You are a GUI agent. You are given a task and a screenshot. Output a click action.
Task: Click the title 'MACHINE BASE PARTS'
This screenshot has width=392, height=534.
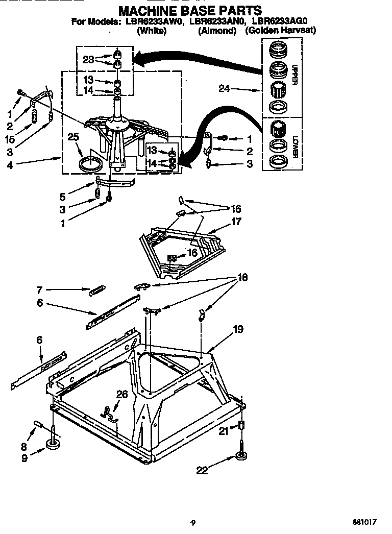tap(190, 10)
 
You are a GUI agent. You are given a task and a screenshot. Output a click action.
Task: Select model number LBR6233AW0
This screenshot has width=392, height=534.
tap(155, 22)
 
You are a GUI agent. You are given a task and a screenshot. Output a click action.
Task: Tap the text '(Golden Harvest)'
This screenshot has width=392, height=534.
tap(280, 31)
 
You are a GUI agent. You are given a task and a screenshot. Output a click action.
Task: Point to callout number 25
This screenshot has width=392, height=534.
tap(73, 137)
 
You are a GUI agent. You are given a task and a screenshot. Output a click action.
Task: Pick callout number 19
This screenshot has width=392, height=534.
tap(238, 330)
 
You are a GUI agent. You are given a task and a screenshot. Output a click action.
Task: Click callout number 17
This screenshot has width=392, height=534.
tap(236, 222)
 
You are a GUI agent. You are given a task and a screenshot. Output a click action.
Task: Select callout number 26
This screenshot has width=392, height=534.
tap(122, 394)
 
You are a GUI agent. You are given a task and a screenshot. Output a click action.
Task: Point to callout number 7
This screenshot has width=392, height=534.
tap(39, 289)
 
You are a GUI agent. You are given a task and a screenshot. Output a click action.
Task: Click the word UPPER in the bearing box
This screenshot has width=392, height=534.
tap(294, 74)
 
